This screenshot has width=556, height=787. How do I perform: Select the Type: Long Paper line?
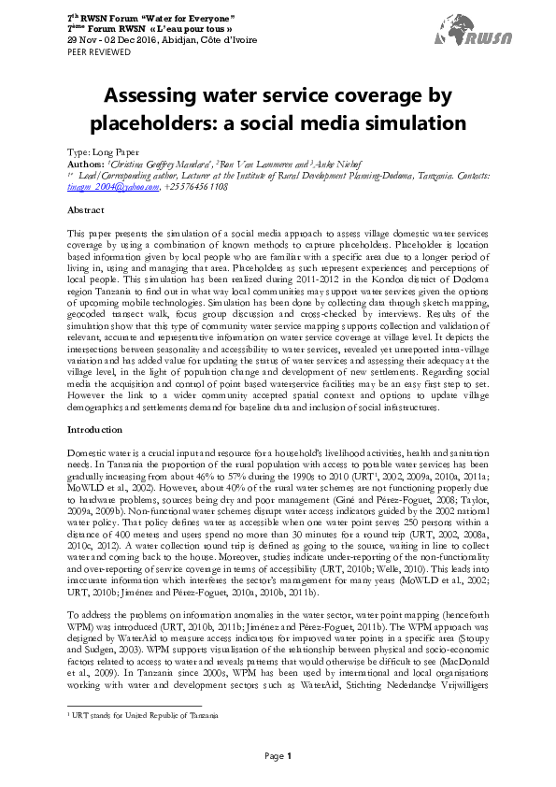tap(105, 151)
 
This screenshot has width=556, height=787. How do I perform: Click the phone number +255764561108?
tap(195, 186)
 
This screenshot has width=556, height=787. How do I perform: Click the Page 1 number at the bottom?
tap(278, 755)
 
